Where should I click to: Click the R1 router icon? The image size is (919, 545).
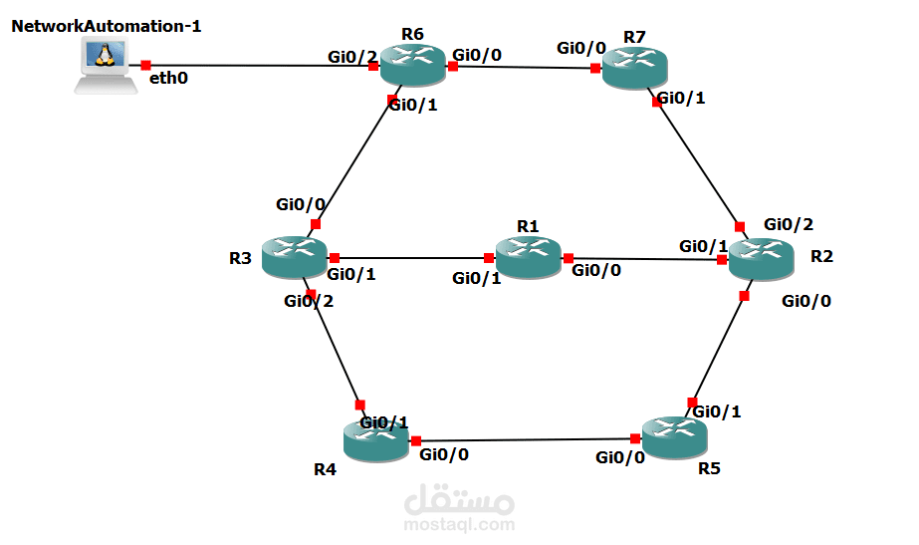coord(528,258)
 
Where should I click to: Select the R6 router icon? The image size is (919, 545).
coord(412,67)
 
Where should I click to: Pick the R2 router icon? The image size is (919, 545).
coord(762,259)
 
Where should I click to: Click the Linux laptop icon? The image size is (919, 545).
coord(105,67)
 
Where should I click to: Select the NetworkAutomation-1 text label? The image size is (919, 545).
coord(107,26)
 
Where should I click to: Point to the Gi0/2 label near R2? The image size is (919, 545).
coord(789,224)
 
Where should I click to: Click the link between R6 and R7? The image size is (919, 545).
coord(523,68)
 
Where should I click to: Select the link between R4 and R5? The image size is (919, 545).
coord(526,439)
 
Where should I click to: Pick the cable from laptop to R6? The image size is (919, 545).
coord(259,66)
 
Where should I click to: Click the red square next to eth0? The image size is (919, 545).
coord(145,65)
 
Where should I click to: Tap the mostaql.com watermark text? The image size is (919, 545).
coord(459,523)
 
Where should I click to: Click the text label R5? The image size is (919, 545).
coord(708,467)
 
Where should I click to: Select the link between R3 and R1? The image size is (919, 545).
coord(410,257)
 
